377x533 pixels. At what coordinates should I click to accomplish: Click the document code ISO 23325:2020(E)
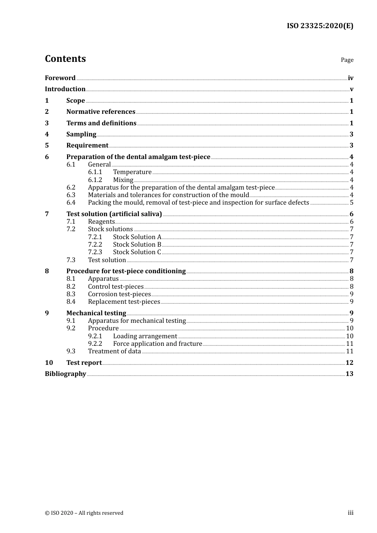320,26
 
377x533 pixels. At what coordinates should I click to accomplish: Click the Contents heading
65,59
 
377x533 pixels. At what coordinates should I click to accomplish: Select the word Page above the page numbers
347,60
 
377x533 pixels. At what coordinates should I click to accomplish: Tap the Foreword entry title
60,78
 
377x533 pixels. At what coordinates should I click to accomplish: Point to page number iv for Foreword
350,78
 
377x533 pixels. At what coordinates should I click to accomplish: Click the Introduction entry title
65,89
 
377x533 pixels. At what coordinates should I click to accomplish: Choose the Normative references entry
101,112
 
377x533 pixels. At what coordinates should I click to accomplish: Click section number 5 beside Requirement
47,146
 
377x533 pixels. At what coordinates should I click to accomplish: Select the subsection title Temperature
132,172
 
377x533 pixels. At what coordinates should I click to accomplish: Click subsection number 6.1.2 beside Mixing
95,180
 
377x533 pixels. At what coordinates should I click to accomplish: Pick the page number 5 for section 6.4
352,203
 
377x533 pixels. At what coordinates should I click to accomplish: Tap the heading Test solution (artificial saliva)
114,214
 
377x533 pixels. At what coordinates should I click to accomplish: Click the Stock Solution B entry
137,245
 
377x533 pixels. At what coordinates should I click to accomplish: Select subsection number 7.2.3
95,252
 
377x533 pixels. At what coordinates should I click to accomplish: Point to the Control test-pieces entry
115,287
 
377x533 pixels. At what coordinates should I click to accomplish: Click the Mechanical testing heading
96,313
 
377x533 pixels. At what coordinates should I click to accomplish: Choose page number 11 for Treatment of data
350,351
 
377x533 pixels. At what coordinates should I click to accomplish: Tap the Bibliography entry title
65,374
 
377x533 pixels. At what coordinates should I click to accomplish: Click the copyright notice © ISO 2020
84,513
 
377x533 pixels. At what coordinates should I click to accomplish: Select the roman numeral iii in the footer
350,513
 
